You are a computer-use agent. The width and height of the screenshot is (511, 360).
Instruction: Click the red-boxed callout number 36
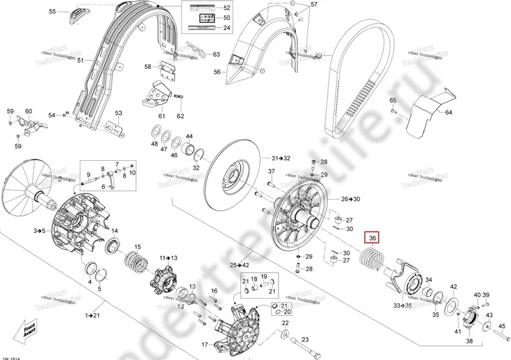(372, 238)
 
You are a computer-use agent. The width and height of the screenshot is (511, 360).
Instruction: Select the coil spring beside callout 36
(372, 259)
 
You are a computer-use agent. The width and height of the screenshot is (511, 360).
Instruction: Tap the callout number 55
(52, 11)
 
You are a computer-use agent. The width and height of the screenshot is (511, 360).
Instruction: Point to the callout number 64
(448, 112)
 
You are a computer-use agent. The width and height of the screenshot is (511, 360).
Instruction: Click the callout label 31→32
(280, 158)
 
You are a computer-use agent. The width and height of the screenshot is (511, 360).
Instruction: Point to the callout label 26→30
(351, 199)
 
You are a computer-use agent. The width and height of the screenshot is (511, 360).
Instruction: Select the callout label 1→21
(92, 315)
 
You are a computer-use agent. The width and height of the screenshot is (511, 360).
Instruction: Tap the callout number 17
(205, 345)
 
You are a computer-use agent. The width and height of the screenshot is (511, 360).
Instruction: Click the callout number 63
(216, 54)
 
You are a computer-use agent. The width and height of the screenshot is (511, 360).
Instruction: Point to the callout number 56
(217, 73)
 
